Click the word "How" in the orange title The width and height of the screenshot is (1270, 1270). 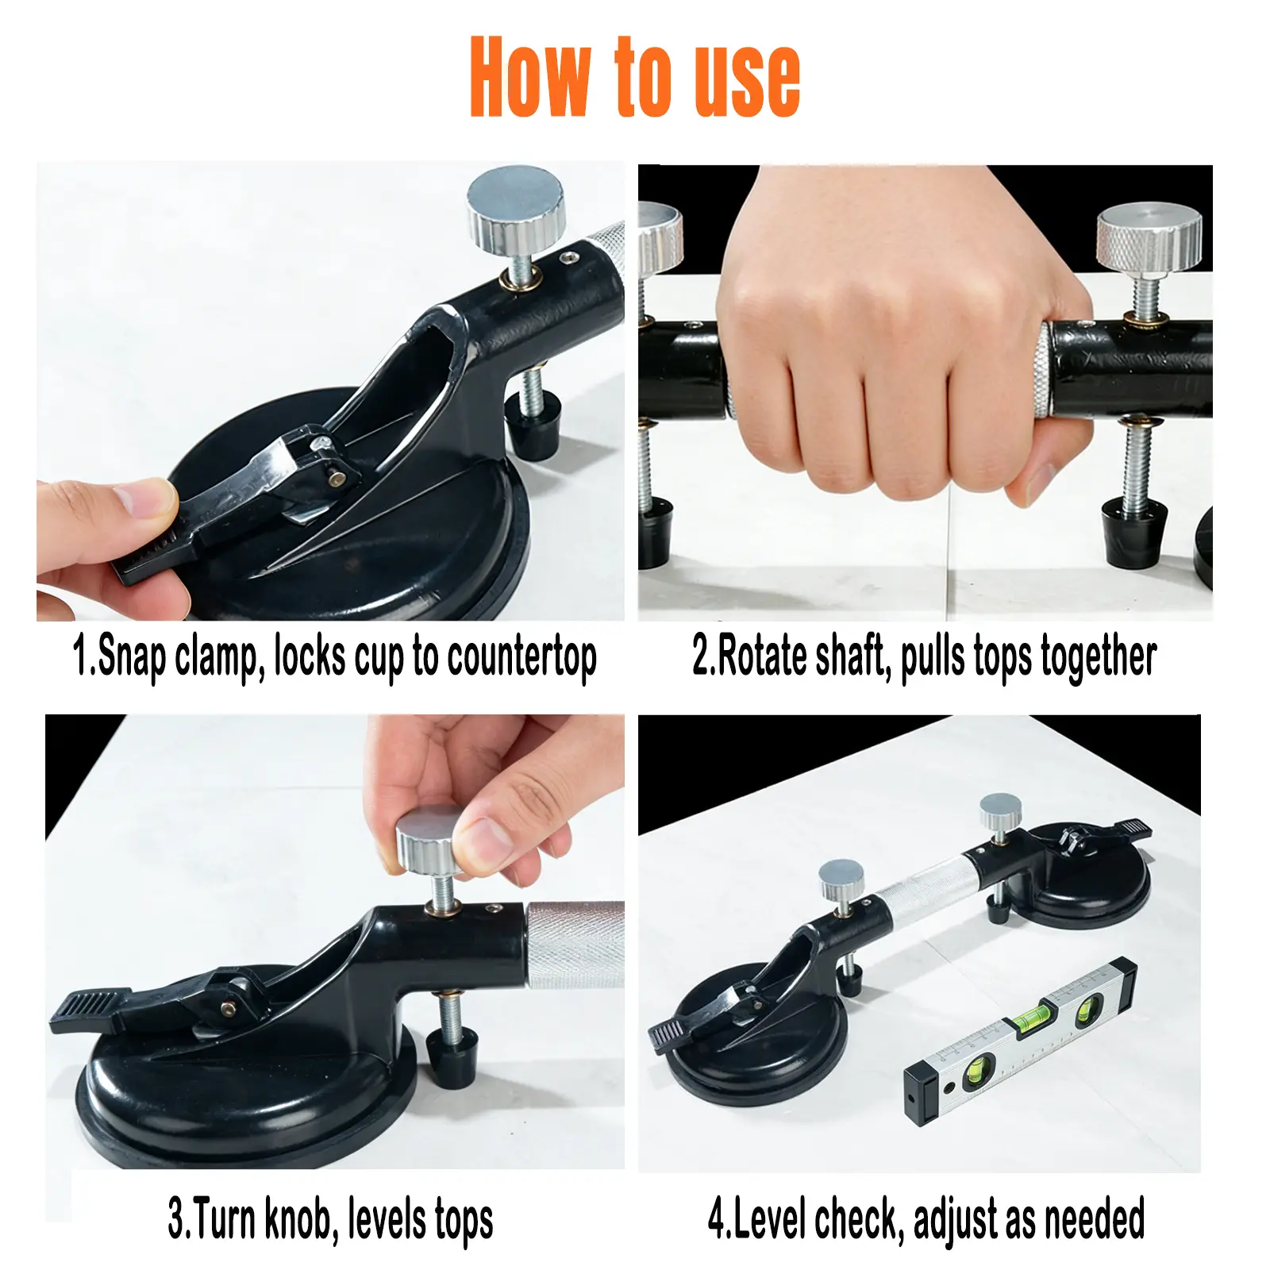[530, 77]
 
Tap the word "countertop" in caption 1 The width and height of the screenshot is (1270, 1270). [521, 658]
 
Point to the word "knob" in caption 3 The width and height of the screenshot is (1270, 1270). [297, 1218]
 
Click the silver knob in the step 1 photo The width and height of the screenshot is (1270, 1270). [516, 209]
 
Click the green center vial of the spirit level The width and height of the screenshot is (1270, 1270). [1032, 1015]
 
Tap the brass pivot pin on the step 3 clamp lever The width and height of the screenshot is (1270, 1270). [229, 1009]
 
